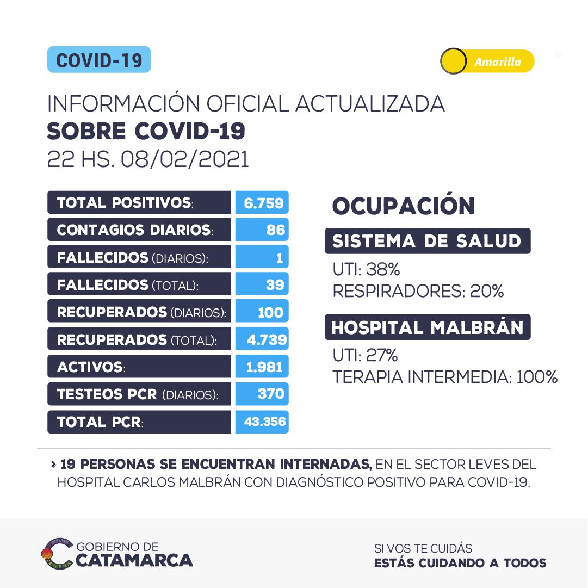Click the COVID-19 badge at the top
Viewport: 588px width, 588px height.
pyautogui.click(x=98, y=60)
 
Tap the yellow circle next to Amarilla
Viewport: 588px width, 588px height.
pyautogui.click(x=453, y=61)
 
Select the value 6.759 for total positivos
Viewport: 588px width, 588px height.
pyautogui.click(x=262, y=202)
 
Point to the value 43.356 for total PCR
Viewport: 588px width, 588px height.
pyautogui.click(x=262, y=422)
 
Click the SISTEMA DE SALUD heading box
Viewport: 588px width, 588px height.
pyautogui.click(x=427, y=241)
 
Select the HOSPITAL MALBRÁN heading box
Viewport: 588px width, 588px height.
pyautogui.click(x=427, y=327)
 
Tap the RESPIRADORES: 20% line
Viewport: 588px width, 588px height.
pyautogui.click(x=418, y=292)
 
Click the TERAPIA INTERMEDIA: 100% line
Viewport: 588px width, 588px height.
pyautogui.click(x=445, y=377)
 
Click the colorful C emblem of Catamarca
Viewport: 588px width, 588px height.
pyautogui.click(x=57, y=553)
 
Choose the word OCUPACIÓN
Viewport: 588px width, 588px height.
pyautogui.click(x=403, y=207)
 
